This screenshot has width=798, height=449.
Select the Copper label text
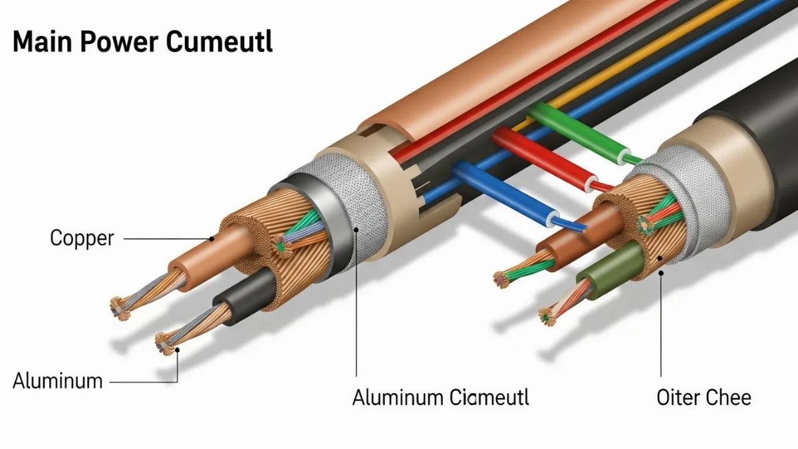pos(82,237)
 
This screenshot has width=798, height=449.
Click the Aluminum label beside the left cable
pos(58,381)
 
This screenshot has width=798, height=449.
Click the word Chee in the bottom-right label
pos(730,398)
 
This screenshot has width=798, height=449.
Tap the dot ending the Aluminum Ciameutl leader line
pos(357,230)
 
